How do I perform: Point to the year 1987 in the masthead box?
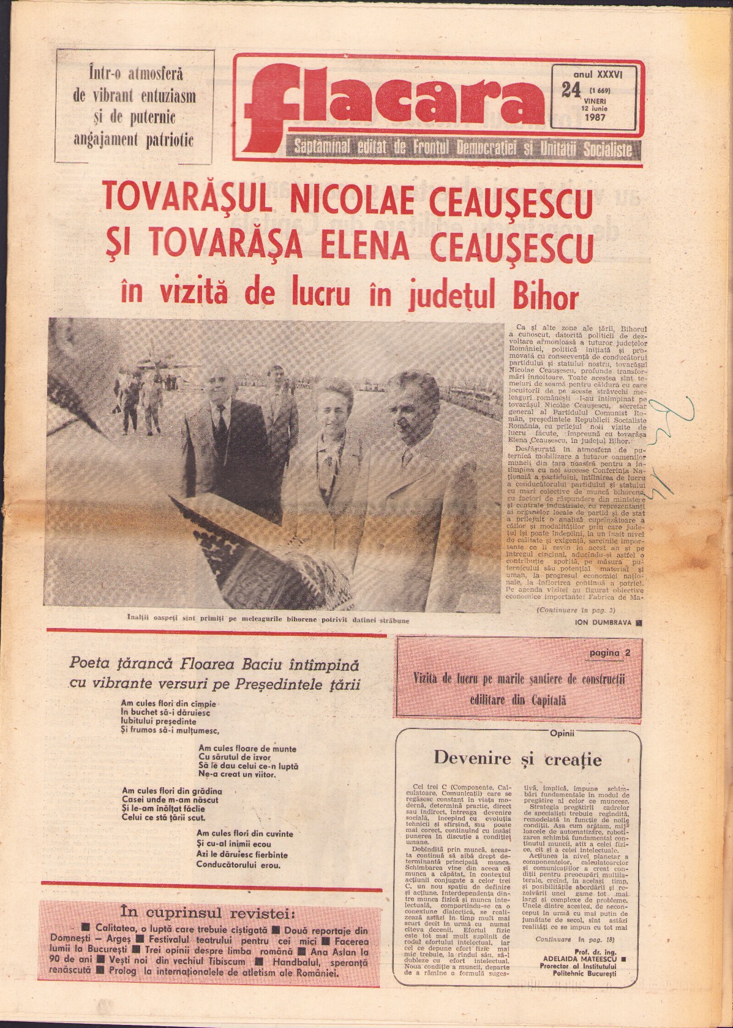point(595,116)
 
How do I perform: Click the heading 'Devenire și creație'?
point(517,759)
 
